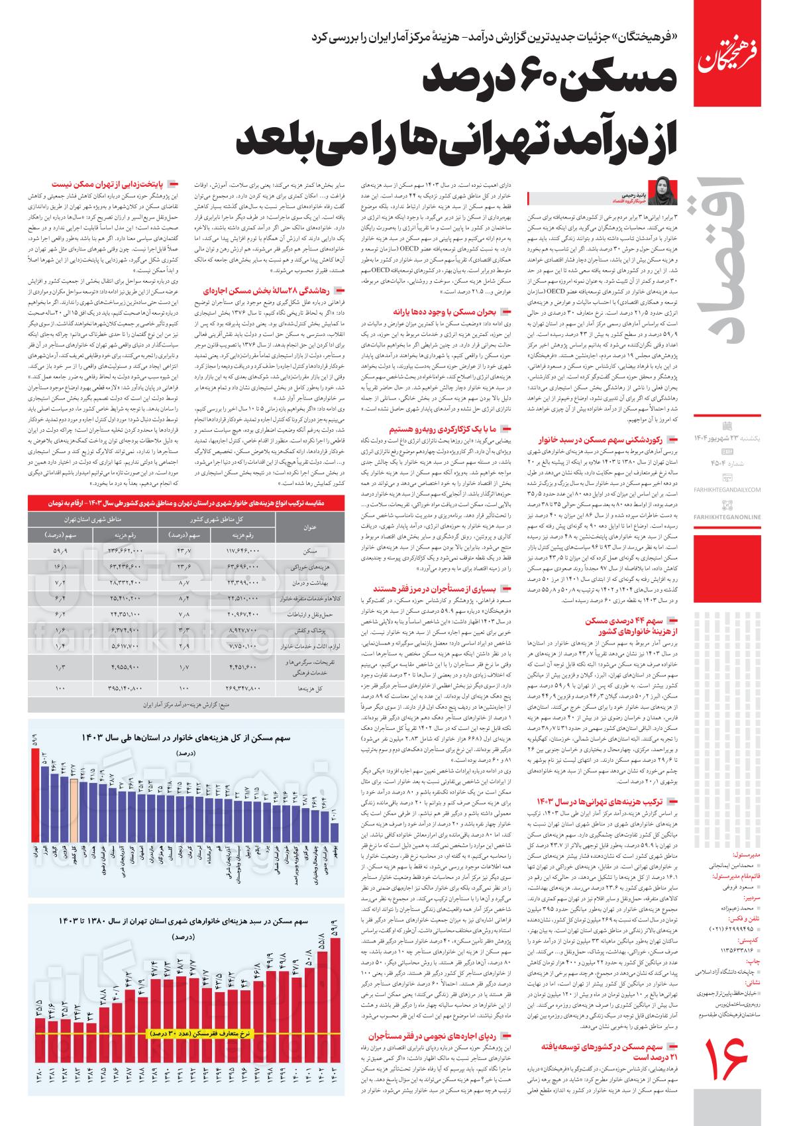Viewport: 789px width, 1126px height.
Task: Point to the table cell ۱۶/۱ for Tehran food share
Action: tap(60, 567)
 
